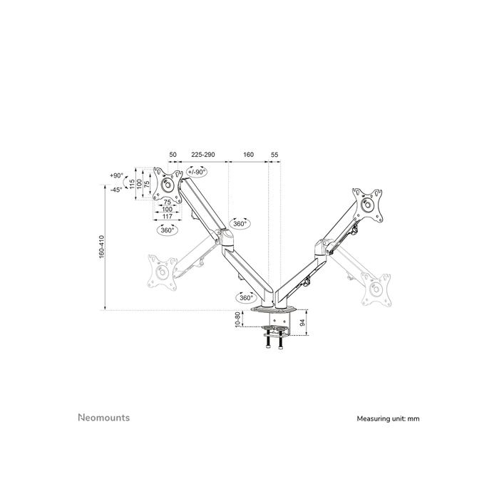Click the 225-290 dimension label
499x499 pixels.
(x=203, y=153)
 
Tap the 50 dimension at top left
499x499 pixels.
(x=173, y=153)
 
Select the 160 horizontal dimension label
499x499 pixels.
(x=248, y=153)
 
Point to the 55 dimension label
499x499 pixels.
(x=274, y=153)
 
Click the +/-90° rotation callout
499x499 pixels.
(x=196, y=172)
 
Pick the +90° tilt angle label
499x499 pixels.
(x=117, y=175)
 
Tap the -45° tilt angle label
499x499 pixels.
(x=117, y=190)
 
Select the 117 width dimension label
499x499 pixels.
(x=167, y=217)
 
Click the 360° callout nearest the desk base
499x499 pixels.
(x=245, y=297)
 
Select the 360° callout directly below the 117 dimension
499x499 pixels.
(x=167, y=230)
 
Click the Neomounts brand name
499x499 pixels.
(x=103, y=418)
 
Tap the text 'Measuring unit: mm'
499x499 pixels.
(x=388, y=418)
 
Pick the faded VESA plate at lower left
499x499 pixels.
(x=161, y=271)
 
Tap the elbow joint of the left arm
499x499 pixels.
(x=227, y=237)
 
